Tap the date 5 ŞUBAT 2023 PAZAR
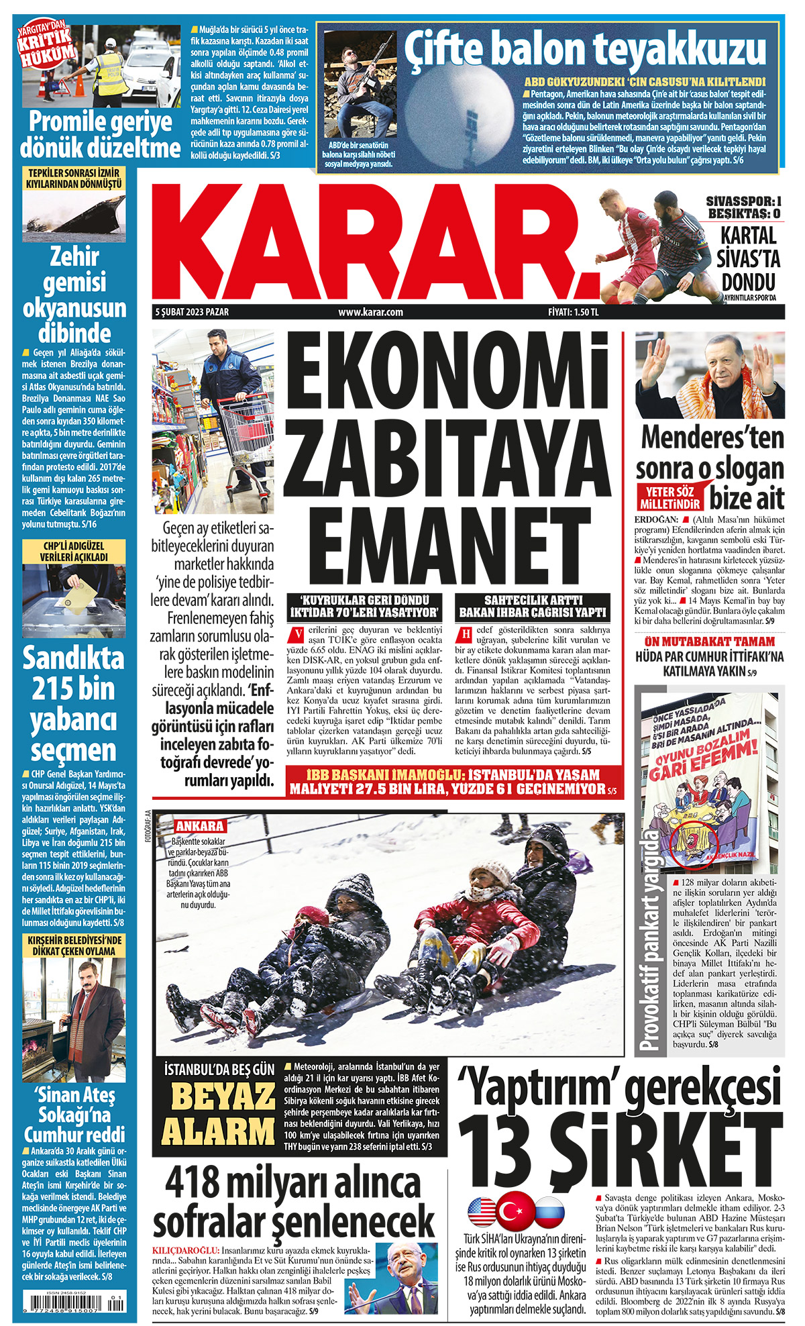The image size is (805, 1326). [192, 312]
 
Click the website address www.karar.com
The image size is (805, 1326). [370, 312]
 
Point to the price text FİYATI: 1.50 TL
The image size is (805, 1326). [573, 312]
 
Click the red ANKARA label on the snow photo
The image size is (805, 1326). [199, 826]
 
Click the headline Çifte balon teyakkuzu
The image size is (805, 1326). [584, 50]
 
